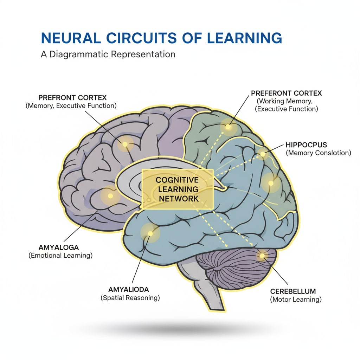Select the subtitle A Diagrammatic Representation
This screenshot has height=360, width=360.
point(108,54)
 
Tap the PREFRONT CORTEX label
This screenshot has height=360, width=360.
point(72,97)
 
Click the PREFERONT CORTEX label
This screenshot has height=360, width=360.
point(287,94)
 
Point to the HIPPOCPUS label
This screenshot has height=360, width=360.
point(307,145)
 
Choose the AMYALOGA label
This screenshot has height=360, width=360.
point(58,247)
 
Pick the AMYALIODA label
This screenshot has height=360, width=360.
point(129,290)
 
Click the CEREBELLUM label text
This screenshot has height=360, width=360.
point(293,291)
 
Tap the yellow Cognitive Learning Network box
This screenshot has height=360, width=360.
point(177,189)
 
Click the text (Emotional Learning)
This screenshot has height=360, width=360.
point(60,256)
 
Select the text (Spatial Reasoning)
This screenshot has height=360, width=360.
point(130,298)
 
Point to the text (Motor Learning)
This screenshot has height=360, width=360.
point(296,300)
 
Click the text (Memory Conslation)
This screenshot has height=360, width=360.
point(318,153)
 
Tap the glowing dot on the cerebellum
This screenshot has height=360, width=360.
point(262,256)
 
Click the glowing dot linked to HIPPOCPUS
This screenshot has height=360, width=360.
point(262,153)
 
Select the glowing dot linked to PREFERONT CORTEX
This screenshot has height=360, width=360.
point(228,127)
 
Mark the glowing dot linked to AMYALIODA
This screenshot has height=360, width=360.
point(150,233)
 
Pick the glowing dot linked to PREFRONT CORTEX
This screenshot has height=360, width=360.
point(125,144)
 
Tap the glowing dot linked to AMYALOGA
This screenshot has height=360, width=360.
point(110,195)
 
